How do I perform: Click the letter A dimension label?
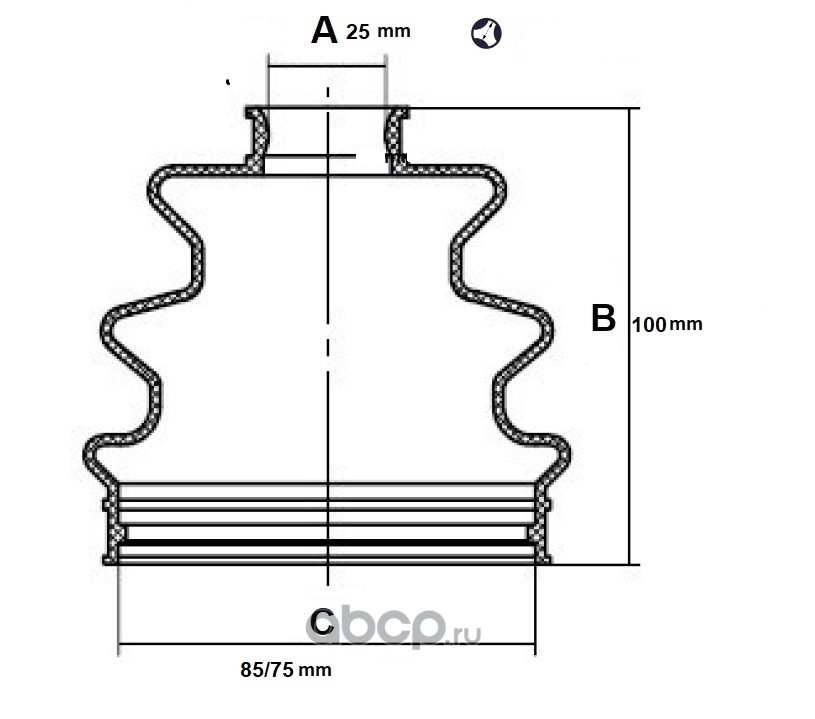pos(324,31)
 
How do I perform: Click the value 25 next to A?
pos(358,32)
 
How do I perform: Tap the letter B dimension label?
pos(603,318)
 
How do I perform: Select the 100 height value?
pos(648,324)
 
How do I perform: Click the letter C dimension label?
pos(321,622)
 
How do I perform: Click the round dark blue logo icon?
pos(486,33)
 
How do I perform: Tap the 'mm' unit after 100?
pos(686,324)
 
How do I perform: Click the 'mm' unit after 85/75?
pos(315,670)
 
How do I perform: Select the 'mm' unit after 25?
pos(394,32)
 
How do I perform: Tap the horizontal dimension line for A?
pos(326,67)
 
